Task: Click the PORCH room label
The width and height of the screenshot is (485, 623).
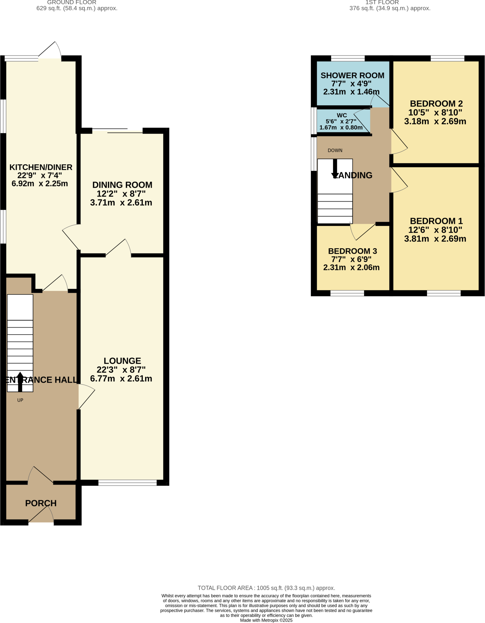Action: pyautogui.click(x=41, y=503)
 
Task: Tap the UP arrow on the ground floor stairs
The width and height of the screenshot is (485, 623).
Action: pyautogui.click(x=20, y=382)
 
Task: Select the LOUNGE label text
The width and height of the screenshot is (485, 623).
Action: pyautogui.click(x=122, y=361)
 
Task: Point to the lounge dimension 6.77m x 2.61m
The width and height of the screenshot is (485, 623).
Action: pyautogui.click(x=121, y=379)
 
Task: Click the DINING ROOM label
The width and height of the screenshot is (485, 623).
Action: pyautogui.click(x=122, y=185)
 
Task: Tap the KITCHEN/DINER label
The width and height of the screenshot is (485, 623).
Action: pyautogui.click(x=41, y=167)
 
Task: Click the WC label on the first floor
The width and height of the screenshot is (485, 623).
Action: pyautogui.click(x=342, y=115)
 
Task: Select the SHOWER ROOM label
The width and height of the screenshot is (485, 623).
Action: pyautogui.click(x=352, y=75)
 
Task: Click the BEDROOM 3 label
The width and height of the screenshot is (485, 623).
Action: pyautogui.click(x=352, y=251)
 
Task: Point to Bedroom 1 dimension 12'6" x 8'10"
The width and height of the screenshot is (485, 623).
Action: pyautogui.click(x=435, y=230)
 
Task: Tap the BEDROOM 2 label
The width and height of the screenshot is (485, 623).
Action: pyautogui.click(x=436, y=104)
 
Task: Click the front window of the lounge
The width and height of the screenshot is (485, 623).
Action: pyautogui.click(x=127, y=482)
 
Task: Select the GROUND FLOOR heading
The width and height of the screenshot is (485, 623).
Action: pyautogui.click(x=72, y=2)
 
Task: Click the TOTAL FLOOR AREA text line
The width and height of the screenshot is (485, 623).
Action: pyautogui.click(x=266, y=588)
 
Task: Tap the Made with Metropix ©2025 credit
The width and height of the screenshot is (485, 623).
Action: pyautogui.click(x=266, y=620)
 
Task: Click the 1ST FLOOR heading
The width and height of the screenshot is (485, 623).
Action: pyautogui.click(x=382, y=2)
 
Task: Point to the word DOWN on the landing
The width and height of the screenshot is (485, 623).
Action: pyautogui.click(x=335, y=150)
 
